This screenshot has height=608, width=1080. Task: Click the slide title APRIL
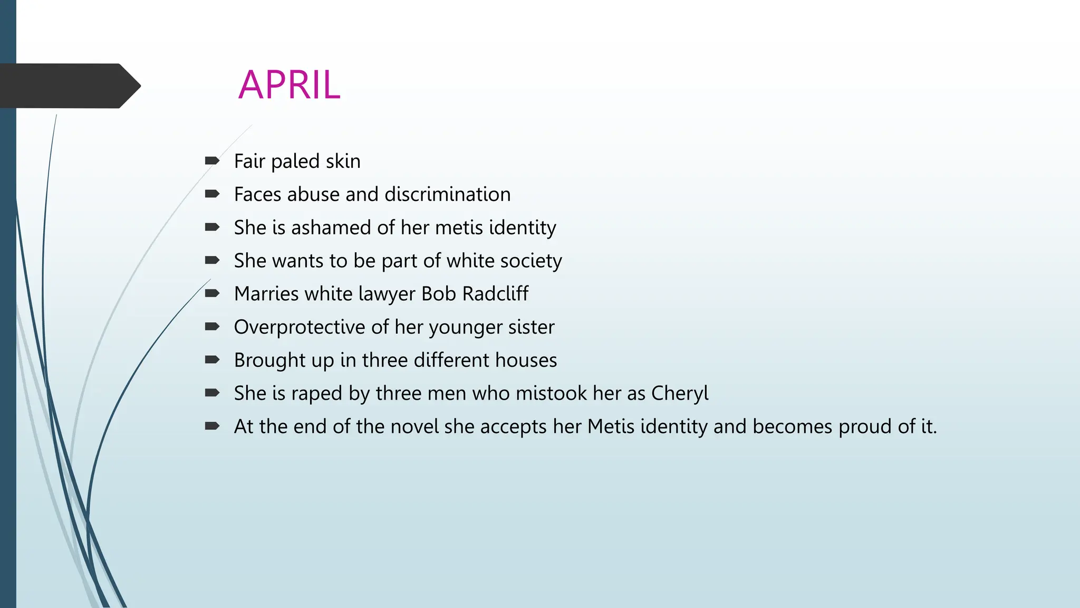(x=289, y=85)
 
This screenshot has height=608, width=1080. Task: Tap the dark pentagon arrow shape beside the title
(x=69, y=86)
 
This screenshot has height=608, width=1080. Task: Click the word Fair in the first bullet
(x=249, y=161)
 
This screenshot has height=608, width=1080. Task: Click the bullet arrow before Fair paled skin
(x=212, y=160)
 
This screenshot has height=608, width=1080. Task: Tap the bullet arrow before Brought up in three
(x=212, y=359)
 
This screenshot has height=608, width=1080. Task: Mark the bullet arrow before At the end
(x=212, y=426)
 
